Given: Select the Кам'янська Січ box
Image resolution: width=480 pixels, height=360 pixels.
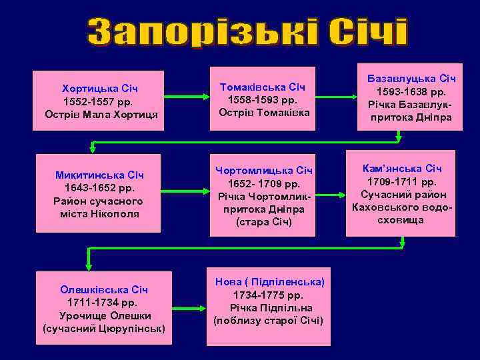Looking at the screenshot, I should coord(401,194).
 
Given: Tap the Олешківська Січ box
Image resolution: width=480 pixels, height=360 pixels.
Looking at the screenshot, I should coord(104,309).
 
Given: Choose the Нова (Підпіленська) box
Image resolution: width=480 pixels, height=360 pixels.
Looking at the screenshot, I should coord(268,307).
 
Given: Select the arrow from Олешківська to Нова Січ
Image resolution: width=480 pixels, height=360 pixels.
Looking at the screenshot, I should coord(189,303).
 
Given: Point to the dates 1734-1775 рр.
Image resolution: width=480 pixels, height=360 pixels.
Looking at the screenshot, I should coord(268,295).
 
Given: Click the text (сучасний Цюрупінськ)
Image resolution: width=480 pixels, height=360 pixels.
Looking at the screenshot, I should coord(104,329).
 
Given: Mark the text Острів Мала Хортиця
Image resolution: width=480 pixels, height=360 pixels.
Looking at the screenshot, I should coord(101,114).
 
